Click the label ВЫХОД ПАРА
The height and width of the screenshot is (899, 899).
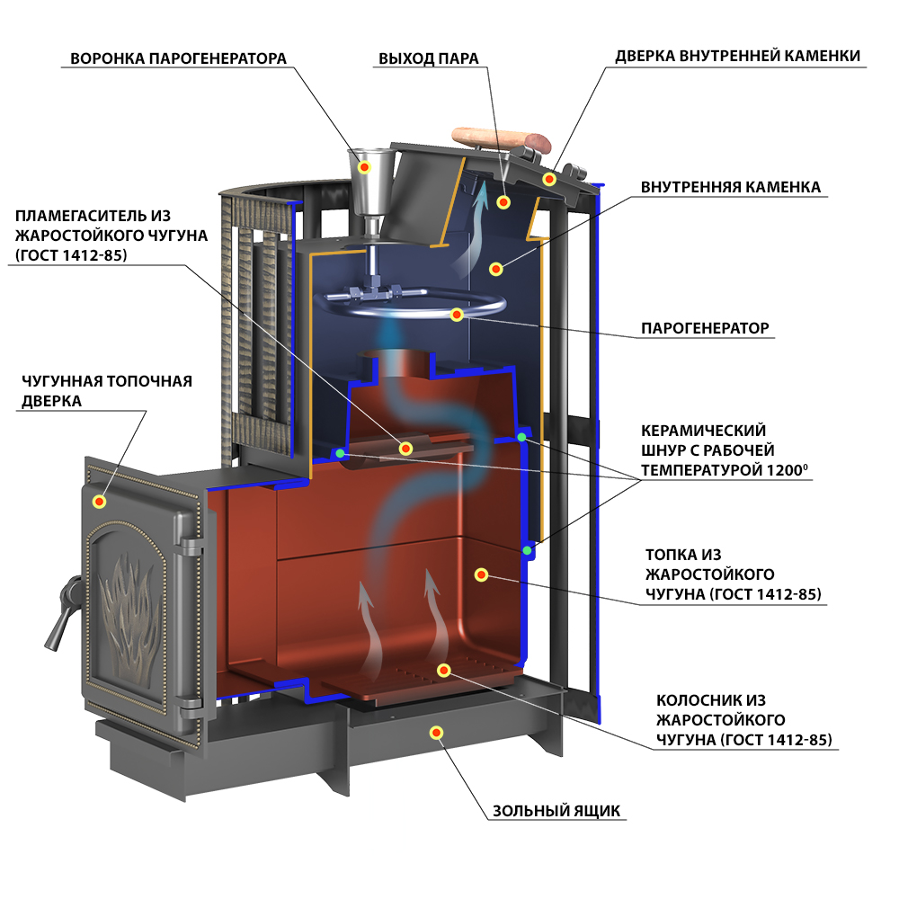point(428,58)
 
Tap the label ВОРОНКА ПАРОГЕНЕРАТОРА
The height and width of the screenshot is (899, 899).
point(178,58)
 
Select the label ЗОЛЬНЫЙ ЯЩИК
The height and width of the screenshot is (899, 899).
point(556,811)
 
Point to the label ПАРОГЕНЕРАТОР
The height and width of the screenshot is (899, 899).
point(705,328)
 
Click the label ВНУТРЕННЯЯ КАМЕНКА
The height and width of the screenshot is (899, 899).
point(730,187)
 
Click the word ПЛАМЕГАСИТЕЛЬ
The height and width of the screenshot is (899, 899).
point(93,216)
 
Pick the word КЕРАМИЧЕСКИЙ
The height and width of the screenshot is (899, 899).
point(704,430)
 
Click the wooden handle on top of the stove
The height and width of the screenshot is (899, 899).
point(501,139)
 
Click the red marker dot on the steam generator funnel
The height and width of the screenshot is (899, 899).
point(365,167)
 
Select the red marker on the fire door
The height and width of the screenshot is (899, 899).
point(99,502)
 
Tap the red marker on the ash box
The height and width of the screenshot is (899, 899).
point(436,733)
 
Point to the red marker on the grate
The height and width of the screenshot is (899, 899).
point(443,671)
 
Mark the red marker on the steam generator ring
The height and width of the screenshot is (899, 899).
point(457,314)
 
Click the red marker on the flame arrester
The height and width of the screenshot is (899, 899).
point(406,449)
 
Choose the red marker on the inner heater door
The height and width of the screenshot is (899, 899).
point(549,179)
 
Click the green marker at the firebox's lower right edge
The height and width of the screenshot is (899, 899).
point(527,550)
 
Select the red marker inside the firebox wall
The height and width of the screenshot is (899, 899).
point(481,574)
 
